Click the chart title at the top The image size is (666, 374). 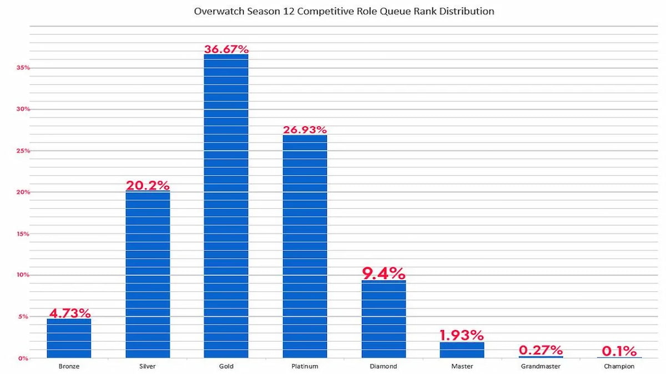tap(344, 11)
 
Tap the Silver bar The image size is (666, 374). tap(148, 275)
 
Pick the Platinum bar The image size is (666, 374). tap(305, 247)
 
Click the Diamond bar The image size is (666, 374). tap(384, 319)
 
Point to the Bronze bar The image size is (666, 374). tap(69, 338)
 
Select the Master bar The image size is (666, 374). tap(462, 350)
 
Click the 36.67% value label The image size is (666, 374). tap(226, 49)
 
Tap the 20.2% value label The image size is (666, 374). tap(148, 185)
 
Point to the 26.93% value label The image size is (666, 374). tap(305, 130)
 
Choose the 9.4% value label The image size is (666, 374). tap(384, 273)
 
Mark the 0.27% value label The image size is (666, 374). tap(541, 350)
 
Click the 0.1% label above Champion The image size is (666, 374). tap(619, 351)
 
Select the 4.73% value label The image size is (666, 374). tap(69, 312)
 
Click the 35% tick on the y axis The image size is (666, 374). tap(23, 68)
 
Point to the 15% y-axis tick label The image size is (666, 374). tap(23, 234)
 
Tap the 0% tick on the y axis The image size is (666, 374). tap(23, 358)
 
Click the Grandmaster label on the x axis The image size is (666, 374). tap(541, 367)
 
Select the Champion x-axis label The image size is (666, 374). tap(619, 367)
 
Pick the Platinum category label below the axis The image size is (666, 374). tap(305, 367)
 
